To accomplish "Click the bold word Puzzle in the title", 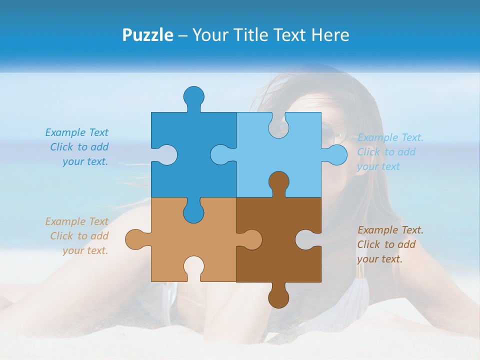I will (x=148, y=35).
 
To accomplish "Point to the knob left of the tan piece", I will (x=134, y=239).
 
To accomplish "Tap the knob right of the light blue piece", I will (x=337, y=154).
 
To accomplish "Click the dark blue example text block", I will (x=77, y=147).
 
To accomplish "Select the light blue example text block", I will (x=390, y=152).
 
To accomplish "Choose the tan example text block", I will (x=77, y=236).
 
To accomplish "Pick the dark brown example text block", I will (x=390, y=244).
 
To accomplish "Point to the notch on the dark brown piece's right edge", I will (x=306, y=239).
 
